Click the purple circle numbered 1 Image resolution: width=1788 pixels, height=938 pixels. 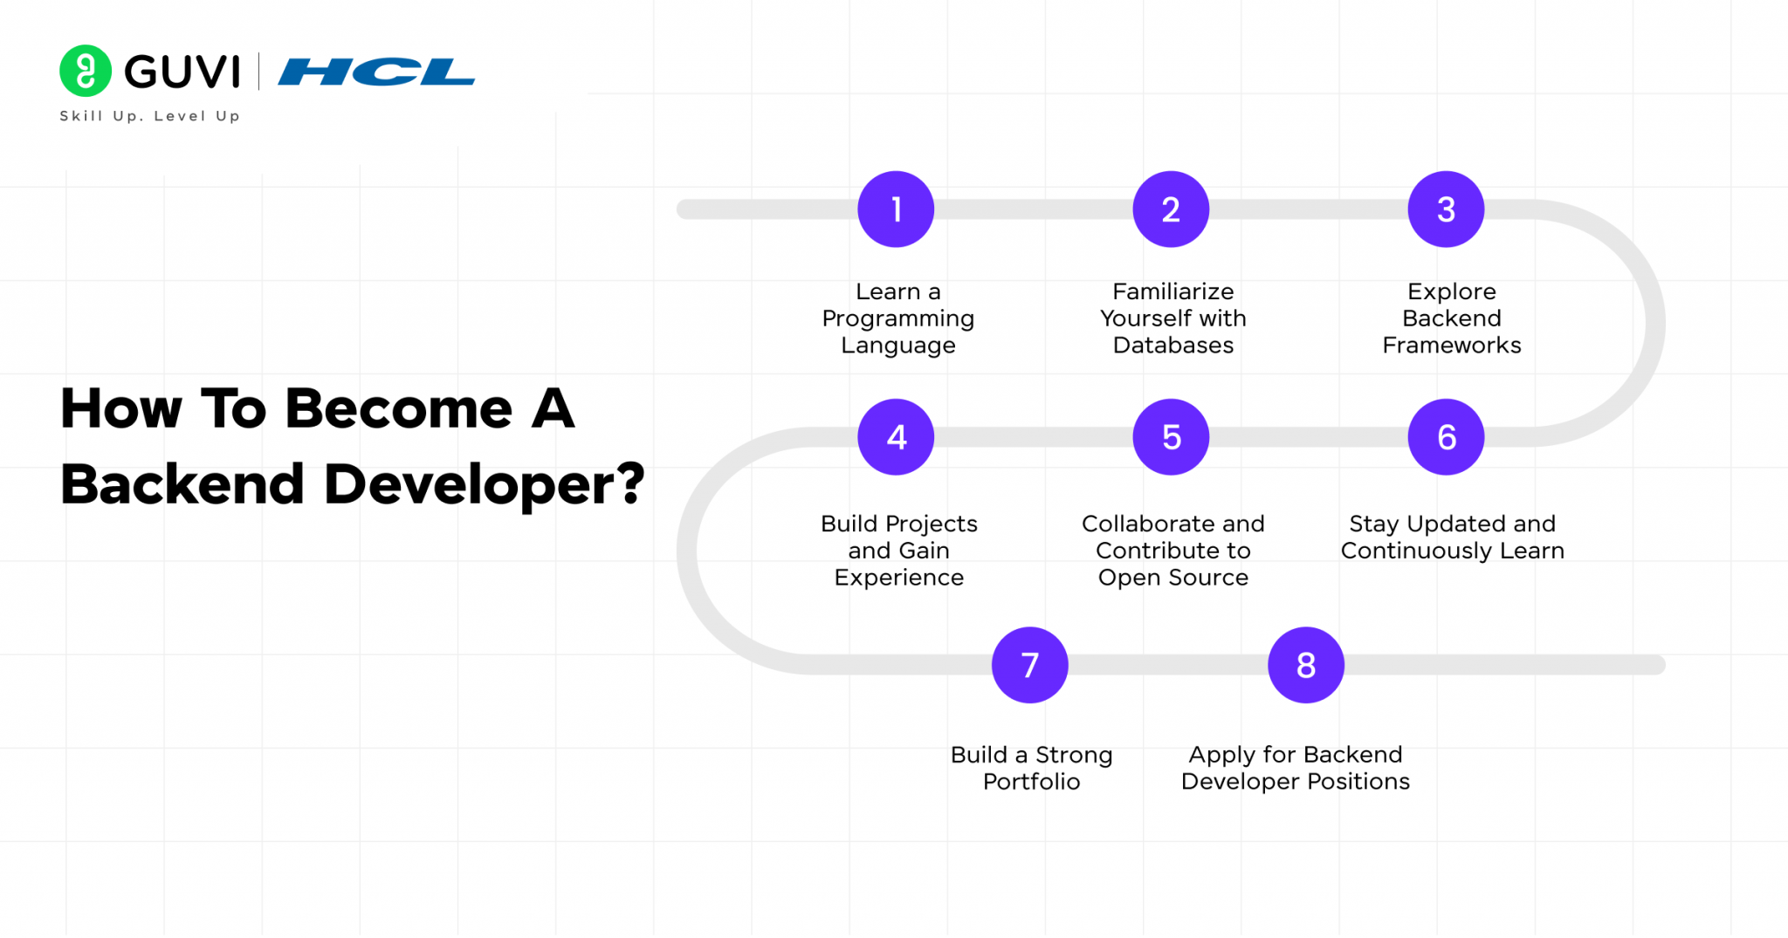(x=896, y=209)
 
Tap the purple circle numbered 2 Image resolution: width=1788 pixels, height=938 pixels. (x=1171, y=209)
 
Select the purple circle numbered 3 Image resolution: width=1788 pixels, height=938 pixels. (x=1446, y=209)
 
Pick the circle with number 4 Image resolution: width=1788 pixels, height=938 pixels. (x=896, y=437)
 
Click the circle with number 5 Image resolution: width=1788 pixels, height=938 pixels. (x=1171, y=437)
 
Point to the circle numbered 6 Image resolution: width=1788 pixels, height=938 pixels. (x=1446, y=437)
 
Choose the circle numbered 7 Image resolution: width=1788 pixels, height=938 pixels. (x=1030, y=665)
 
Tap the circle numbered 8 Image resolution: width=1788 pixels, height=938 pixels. (x=1306, y=665)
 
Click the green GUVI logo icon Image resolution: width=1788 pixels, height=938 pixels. (x=86, y=71)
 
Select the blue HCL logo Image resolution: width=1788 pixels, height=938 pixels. (x=376, y=72)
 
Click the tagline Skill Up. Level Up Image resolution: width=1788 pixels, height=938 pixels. (x=149, y=116)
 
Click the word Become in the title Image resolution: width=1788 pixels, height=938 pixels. (x=399, y=408)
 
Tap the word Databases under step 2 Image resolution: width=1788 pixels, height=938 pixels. (x=1173, y=346)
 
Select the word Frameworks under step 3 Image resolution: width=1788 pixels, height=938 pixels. (x=1451, y=346)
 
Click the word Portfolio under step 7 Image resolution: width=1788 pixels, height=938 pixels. (x=1031, y=782)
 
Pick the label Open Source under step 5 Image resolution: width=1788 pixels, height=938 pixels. (x=1173, y=578)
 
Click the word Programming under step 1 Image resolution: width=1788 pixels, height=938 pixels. (x=897, y=319)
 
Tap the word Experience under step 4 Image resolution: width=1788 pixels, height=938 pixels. (x=898, y=578)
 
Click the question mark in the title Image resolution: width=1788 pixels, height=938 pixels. (x=629, y=483)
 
